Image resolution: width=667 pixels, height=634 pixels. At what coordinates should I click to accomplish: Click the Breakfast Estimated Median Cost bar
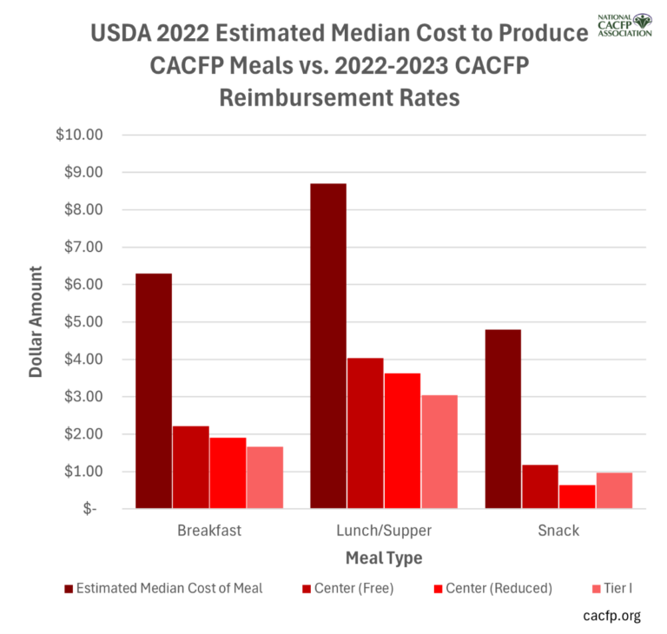(x=154, y=391)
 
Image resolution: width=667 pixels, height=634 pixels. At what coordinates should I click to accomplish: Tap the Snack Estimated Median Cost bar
(x=503, y=419)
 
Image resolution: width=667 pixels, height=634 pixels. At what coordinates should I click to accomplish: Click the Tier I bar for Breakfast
(x=264, y=477)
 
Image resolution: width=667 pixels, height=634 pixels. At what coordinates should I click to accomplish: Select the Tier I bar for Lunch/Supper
(x=439, y=452)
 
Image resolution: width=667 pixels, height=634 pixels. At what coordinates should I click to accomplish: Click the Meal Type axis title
(x=383, y=557)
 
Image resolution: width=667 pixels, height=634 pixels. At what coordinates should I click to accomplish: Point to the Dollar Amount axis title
(x=36, y=322)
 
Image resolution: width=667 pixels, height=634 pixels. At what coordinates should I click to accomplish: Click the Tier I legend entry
(x=613, y=588)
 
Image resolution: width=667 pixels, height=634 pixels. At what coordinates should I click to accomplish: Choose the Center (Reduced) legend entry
(x=492, y=588)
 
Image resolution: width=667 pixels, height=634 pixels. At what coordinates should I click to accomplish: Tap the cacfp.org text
(x=611, y=616)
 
